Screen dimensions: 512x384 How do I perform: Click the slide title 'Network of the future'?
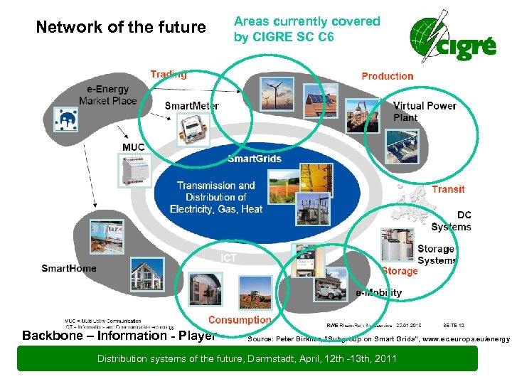[120, 28]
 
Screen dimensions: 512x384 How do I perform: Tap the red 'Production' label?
[387, 76]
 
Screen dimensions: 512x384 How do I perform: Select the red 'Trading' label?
[169, 74]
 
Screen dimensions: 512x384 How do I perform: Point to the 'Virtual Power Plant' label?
[425, 112]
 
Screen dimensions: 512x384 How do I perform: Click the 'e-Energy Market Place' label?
[108, 95]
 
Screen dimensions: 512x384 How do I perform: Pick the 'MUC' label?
[133, 147]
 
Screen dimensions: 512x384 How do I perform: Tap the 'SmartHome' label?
[69, 268]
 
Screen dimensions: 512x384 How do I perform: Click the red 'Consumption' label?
[240, 320]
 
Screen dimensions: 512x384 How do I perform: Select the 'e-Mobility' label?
[378, 292]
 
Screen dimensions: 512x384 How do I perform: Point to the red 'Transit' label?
[448, 189]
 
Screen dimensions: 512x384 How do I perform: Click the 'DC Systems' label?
[452, 220]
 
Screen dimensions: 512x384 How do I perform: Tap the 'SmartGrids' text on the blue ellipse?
[255, 158]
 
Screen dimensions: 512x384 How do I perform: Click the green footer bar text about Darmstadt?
[246, 358]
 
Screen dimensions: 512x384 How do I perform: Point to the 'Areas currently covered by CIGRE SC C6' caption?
[307, 28]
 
